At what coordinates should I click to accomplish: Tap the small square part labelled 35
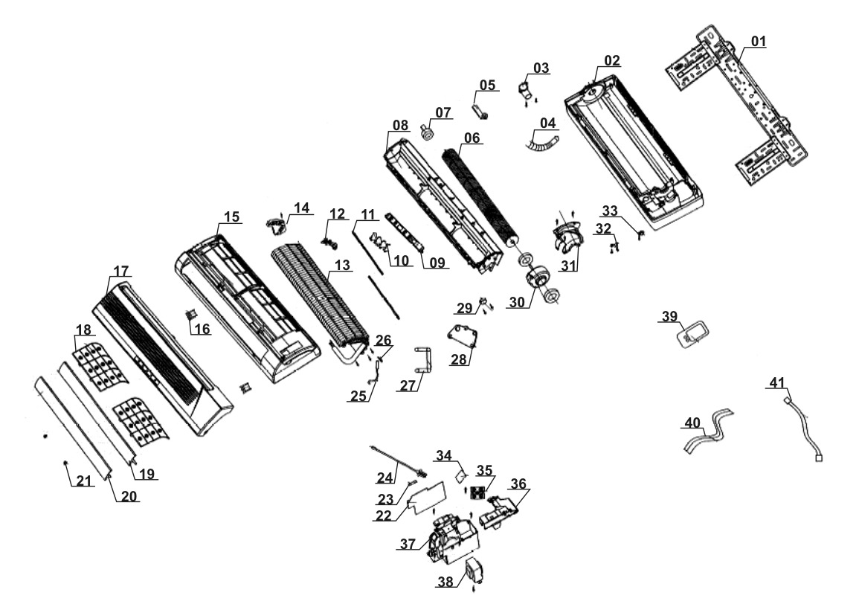[x=477, y=492]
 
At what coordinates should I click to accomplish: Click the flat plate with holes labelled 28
[x=461, y=335]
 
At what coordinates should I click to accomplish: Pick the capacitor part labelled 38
[x=472, y=574]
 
